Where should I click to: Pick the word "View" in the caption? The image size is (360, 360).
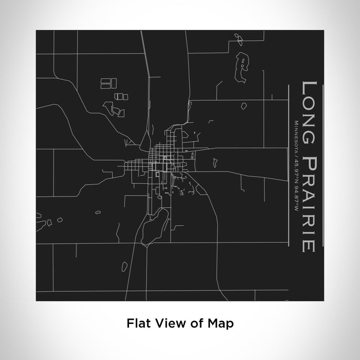[x=164, y=323]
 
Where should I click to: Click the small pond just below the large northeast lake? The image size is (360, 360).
[x=243, y=105]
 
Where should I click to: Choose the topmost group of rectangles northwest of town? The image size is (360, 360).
[x=109, y=82]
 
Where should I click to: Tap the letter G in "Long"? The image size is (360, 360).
[x=309, y=123]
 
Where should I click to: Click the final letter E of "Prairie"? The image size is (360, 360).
[x=309, y=246]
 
